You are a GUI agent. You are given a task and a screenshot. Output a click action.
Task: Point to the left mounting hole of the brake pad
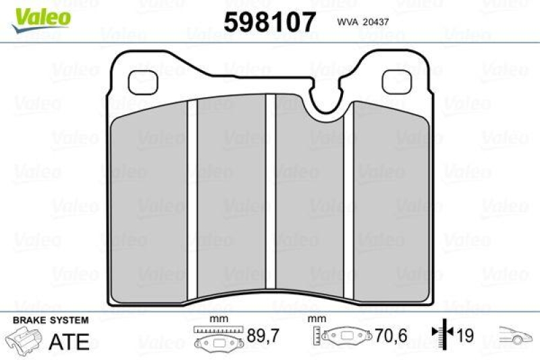point(142,82)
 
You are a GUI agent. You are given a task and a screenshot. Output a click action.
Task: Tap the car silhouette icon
point(514,334)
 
